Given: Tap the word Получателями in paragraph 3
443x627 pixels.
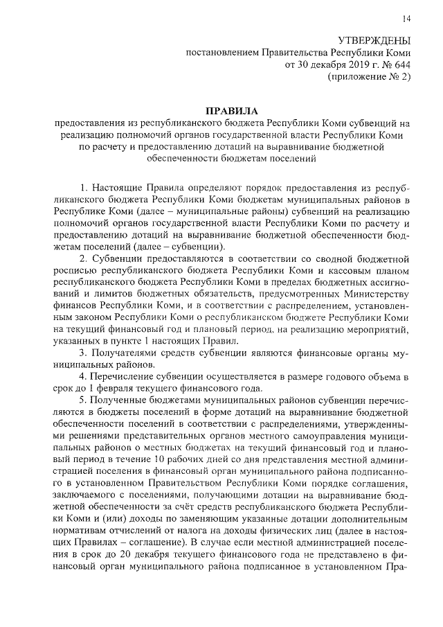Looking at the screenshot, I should click(x=125, y=354).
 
